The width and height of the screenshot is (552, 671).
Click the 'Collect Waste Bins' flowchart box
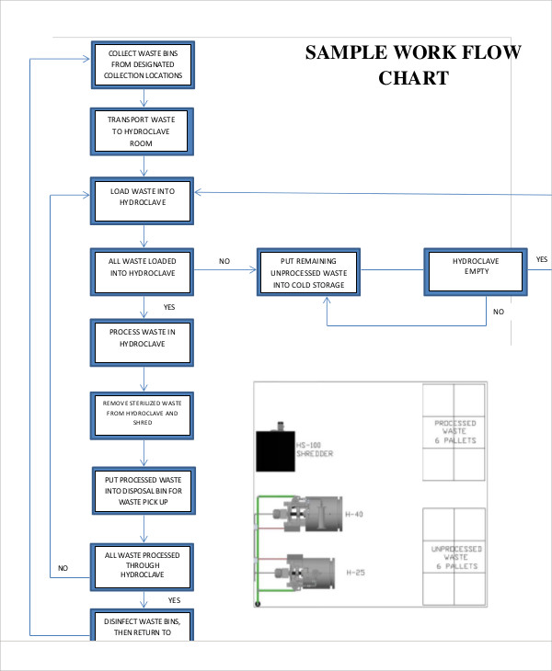tap(143, 64)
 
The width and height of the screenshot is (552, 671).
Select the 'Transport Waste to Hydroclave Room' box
tap(143, 131)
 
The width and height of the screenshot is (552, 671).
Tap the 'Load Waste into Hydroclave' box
tap(143, 201)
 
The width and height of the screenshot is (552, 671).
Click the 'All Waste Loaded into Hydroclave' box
tap(143, 272)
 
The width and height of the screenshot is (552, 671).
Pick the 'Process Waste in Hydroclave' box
tap(143, 342)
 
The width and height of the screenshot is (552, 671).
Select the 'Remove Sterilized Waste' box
tap(143, 415)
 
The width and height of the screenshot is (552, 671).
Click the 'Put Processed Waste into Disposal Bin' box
tap(143, 490)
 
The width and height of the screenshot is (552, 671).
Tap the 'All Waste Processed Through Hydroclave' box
tap(143, 565)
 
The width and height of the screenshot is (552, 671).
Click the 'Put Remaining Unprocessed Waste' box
tap(308, 273)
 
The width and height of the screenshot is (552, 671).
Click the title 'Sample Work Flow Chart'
tap(413, 64)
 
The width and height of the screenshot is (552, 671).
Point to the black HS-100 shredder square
tap(275, 451)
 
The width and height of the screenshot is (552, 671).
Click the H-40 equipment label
tap(354, 514)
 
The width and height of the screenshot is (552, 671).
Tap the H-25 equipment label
tap(355, 573)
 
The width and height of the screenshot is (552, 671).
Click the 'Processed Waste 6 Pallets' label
tap(454, 432)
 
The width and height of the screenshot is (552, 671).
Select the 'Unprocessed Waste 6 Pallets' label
tap(454, 557)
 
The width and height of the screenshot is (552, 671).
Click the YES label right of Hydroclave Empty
tap(542, 260)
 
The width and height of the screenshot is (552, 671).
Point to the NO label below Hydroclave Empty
tap(499, 312)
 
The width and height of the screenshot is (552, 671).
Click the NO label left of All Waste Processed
tap(63, 568)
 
